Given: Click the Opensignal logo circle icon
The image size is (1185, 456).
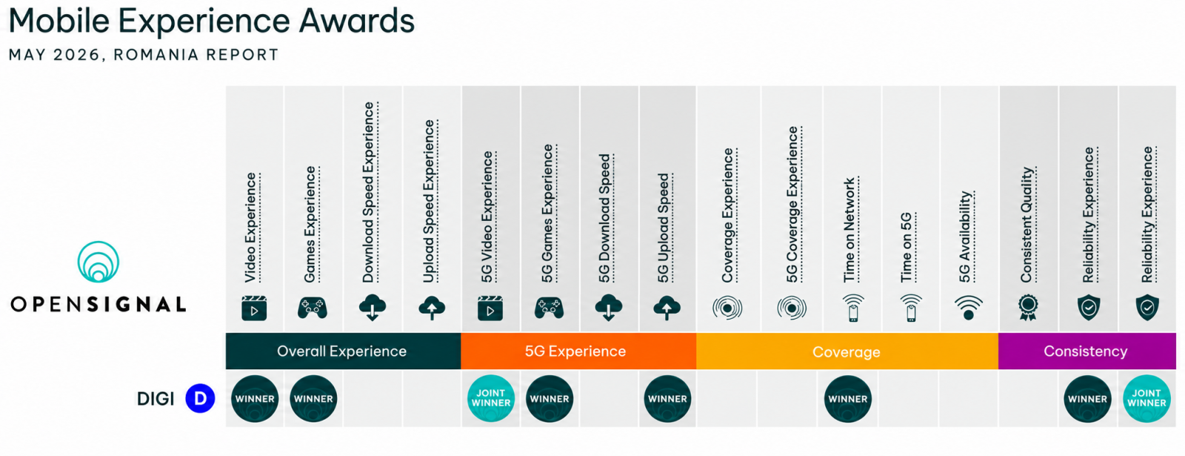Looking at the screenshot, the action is (x=99, y=262).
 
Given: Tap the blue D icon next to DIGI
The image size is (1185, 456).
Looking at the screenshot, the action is (x=200, y=398).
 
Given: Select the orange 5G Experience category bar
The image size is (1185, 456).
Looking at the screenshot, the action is (x=578, y=351).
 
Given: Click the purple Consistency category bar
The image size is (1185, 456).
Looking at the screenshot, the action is (x=1087, y=351).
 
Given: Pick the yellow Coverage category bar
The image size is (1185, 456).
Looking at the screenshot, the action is (x=847, y=351).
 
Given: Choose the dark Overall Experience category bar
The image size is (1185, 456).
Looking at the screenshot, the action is (x=344, y=351).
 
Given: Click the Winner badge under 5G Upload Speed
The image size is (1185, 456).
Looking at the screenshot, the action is (x=667, y=399).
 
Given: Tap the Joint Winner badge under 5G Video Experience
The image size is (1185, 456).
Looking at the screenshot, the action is (x=491, y=399).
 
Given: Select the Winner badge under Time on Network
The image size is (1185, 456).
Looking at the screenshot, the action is (x=848, y=399).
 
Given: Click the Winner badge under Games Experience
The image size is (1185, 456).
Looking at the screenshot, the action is (x=313, y=399).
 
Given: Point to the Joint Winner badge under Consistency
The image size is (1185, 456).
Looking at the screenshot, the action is (x=1146, y=399).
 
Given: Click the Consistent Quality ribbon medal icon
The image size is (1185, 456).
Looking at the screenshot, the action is (x=1028, y=308).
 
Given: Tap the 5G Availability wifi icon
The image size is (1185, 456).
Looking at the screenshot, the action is (x=969, y=308).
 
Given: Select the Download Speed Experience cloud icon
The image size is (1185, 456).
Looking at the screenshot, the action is (x=373, y=308).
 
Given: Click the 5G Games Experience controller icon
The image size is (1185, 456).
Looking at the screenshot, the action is (x=549, y=308).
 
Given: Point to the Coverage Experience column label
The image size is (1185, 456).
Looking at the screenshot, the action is (x=729, y=216).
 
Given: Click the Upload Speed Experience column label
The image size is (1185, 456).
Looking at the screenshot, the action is (x=430, y=201).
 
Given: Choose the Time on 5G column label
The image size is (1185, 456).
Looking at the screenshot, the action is (x=907, y=248).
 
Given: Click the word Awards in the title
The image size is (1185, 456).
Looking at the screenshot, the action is (x=356, y=22).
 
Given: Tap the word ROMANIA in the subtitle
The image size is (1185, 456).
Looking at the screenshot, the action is (x=156, y=55).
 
